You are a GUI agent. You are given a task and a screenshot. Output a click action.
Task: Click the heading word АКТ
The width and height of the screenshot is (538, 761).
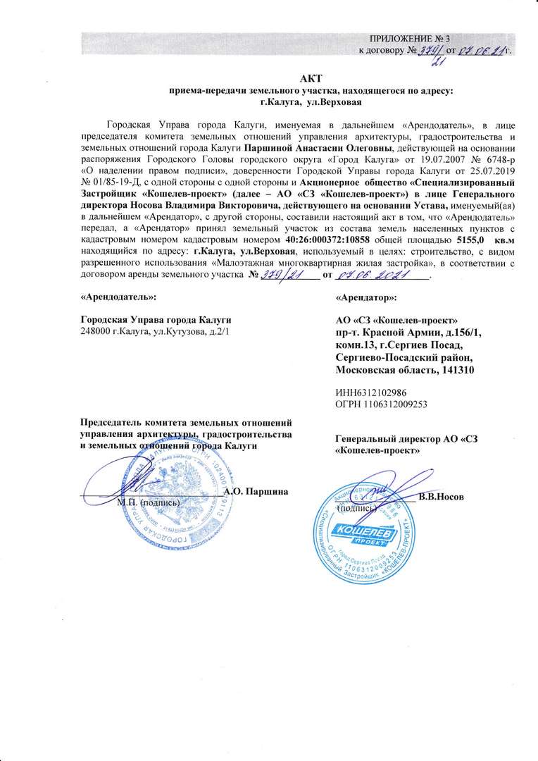[x=310, y=78]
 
